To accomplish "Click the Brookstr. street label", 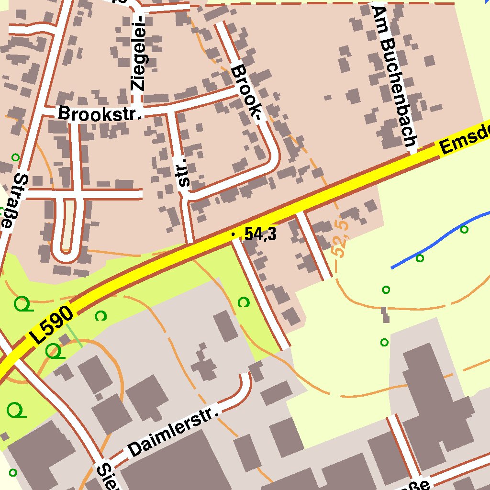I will (100, 113).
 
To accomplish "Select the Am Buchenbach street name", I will (396, 77).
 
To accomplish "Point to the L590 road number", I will (53, 326).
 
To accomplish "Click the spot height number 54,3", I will (260, 234).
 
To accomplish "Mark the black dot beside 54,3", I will (233, 234).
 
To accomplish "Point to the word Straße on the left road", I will (14, 201).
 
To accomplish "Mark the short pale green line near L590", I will (74, 335).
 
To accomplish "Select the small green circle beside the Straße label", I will (15, 157).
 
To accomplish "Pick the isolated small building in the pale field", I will (385, 314).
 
